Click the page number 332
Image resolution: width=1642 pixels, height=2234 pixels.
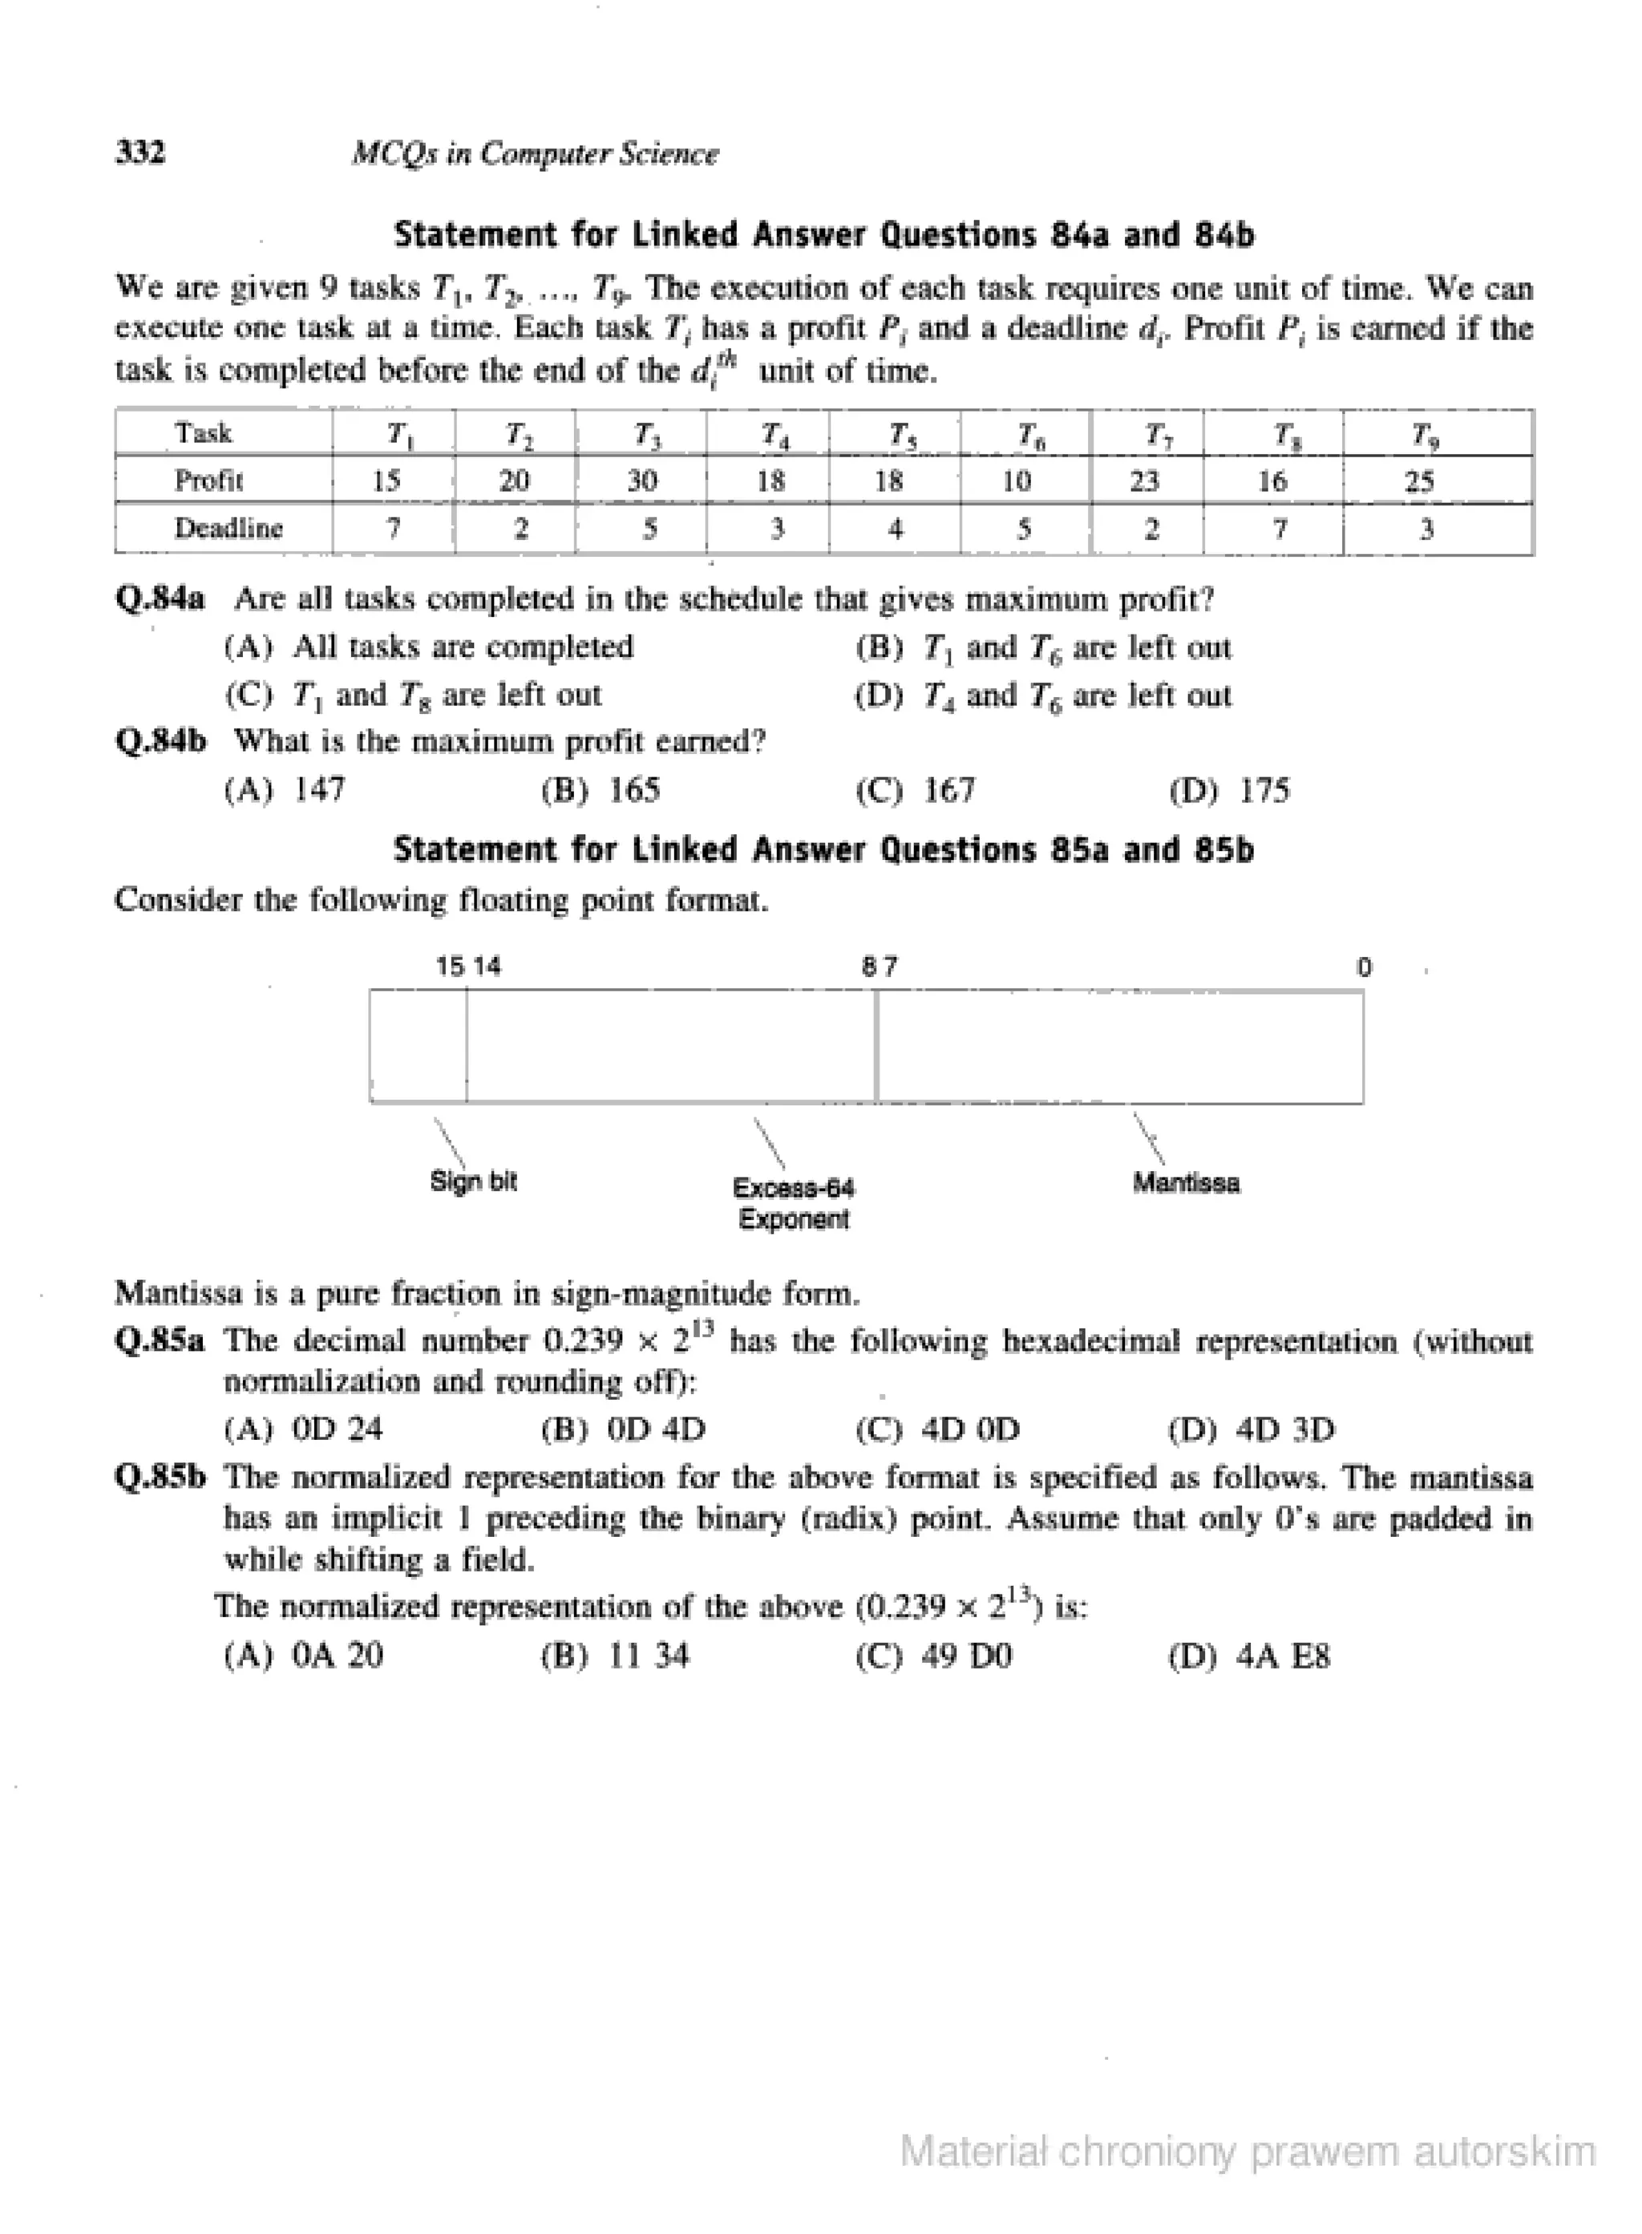pyautogui.click(x=141, y=152)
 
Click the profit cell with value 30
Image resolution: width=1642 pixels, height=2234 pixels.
pyautogui.click(x=642, y=481)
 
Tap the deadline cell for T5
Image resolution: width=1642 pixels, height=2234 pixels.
pyautogui.click(x=895, y=529)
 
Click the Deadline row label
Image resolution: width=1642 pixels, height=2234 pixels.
pyautogui.click(x=229, y=528)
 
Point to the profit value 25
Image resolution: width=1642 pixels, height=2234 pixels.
pyautogui.click(x=1418, y=481)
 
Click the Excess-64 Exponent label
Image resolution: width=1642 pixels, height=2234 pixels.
pyautogui.click(x=793, y=1203)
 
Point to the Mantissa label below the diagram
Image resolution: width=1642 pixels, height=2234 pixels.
pyautogui.click(x=1186, y=1183)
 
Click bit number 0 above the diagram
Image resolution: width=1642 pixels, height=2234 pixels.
pyautogui.click(x=1364, y=967)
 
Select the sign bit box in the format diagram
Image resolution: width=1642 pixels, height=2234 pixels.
pyautogui.click(x=419, y=1046)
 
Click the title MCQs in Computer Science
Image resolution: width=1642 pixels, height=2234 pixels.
pyautogui.click(x=535, y=154)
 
